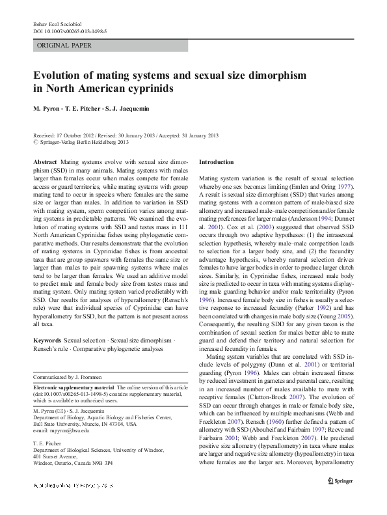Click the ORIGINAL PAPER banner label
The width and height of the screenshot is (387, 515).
(x=64, y=46)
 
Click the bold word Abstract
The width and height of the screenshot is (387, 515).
(x=44, y=160)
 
